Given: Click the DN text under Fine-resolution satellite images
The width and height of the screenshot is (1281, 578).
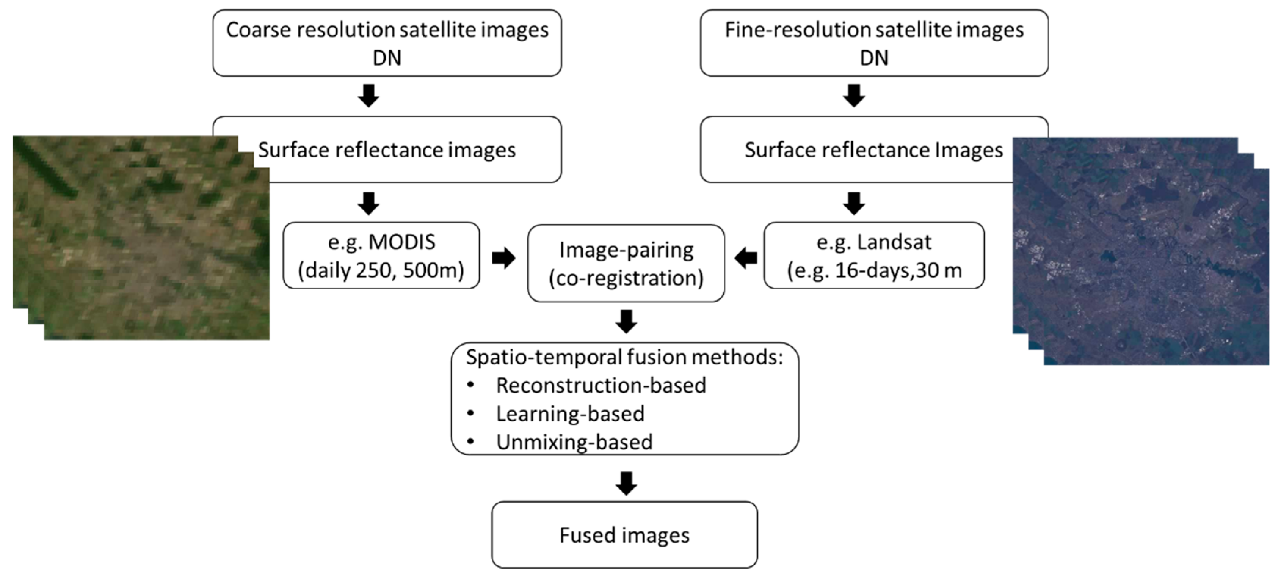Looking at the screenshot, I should [x=874, y=58].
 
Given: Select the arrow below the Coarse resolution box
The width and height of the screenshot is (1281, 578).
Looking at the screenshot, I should [x=368, y=96].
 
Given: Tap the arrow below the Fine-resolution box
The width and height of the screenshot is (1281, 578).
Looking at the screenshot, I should [x=854, y=96].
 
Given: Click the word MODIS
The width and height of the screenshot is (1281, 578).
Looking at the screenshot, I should [x=401, y=242].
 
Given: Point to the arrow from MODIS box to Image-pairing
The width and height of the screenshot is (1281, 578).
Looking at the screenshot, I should [x=503, y=258].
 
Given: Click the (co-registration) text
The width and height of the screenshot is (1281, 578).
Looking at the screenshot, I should [x=626, y=278].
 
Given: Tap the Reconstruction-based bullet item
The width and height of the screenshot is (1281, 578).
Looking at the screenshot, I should [x=601, y=385].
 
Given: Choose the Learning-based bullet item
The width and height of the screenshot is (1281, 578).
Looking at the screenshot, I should [x=570, y=414].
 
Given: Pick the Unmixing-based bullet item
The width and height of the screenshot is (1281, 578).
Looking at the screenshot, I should [x=574, y=442].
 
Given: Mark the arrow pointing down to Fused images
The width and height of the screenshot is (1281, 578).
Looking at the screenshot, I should [x=626, y=484].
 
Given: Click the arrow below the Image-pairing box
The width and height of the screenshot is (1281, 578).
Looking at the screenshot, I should [x=626, y=321].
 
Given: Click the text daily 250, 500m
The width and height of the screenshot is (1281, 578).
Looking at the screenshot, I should [x=381, y=270].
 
